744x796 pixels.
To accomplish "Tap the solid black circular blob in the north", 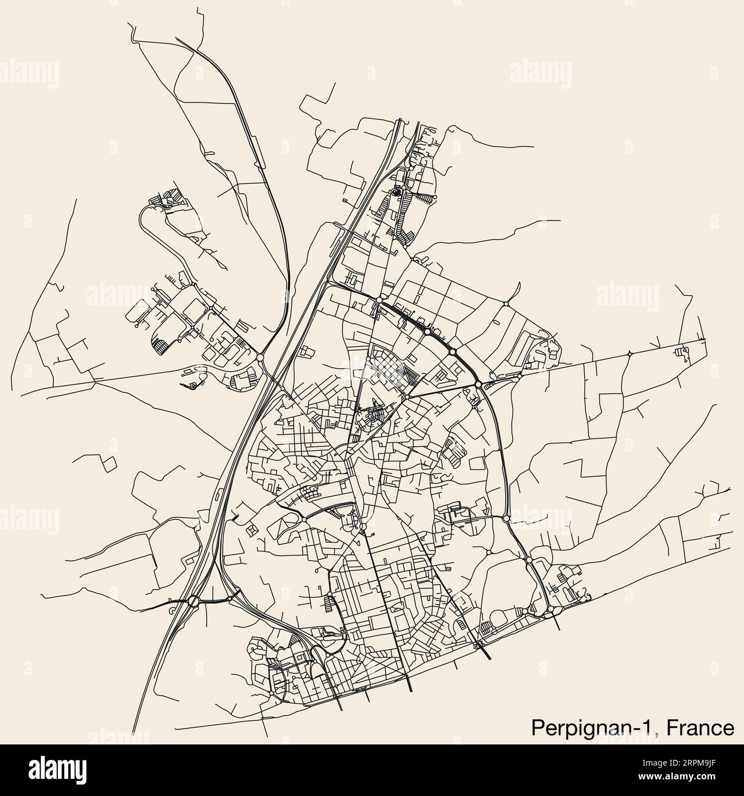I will (x=397, y=193).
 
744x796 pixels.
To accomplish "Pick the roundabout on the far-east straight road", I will (x=629, y=353).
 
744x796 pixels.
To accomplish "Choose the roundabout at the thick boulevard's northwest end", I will (x=379, y=300).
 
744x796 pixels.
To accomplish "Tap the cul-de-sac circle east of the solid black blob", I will (x=435, y=197).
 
